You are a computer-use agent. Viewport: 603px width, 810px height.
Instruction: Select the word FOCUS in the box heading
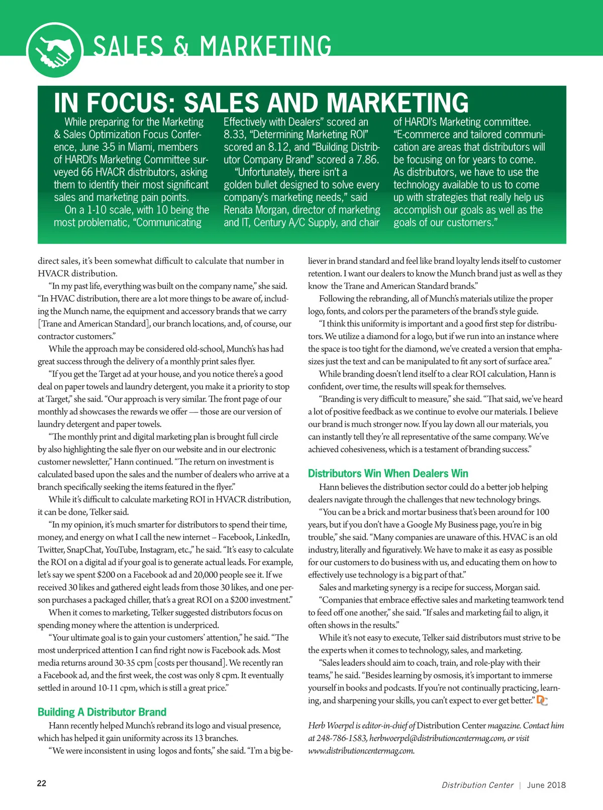coord(131,103)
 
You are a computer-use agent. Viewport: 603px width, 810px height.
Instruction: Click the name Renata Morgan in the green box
coord(255,210)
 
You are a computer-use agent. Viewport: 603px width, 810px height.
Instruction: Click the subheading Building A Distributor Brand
coord(102,712)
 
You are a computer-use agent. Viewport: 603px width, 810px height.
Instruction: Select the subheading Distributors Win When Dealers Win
coord(388,474)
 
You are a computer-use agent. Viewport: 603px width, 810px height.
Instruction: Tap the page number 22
coord(42,783)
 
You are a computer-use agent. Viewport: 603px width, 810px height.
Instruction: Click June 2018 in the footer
coord(546,785)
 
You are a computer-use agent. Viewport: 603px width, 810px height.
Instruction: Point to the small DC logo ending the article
coord(542,700)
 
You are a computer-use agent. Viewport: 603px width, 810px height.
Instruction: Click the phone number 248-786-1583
coord(342,738)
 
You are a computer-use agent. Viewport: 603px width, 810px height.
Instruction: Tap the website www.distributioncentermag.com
coord(361,751)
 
